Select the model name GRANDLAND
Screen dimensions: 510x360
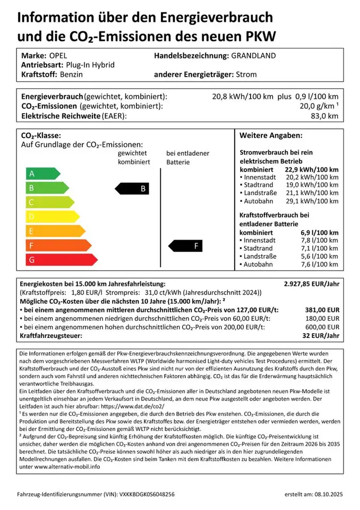(x=253, y=55)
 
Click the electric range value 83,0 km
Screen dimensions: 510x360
(x=324, y=116)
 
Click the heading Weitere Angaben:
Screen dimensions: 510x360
(x=271, y=135)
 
